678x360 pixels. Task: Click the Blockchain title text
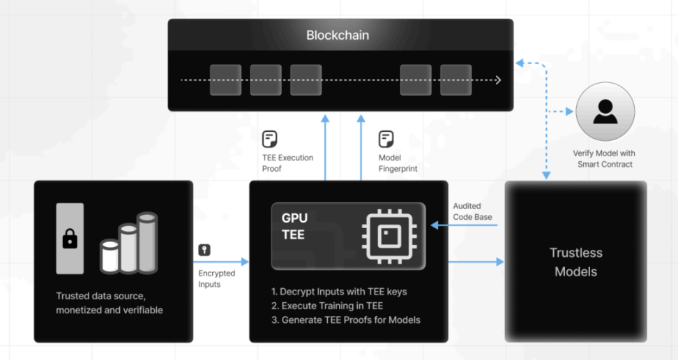(338, 35)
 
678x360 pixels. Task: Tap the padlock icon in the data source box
(70, 239)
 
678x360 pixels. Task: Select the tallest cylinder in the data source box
(148, 242)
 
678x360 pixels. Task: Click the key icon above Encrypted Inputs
(204, 250)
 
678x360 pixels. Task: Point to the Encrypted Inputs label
(217, 278)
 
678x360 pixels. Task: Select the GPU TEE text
(294, 226)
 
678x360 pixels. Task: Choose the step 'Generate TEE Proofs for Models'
(346, 320)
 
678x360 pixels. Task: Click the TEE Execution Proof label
(287, 163)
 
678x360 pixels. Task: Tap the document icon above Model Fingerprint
(386, 138)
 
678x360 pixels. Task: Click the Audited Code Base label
(472, 211)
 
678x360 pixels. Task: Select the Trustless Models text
(575, 262)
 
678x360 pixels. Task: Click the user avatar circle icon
(605, 112)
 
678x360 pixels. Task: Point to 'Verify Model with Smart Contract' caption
(604, 158)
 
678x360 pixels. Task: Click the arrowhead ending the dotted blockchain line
(498, 80)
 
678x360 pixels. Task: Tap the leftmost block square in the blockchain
(225, 80)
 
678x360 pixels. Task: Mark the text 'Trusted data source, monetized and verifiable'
(109, 303)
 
